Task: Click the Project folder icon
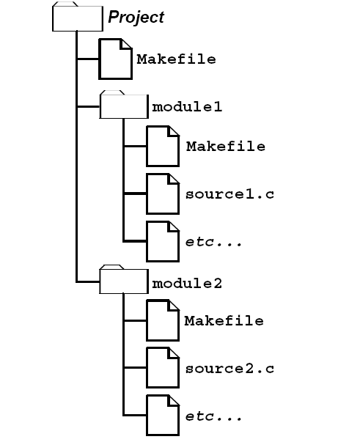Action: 78,17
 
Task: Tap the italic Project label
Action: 136,18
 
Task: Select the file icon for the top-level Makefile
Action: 115,59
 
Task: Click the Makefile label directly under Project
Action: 176,59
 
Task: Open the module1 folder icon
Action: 124,105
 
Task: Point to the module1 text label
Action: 187,107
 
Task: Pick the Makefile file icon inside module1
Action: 163,147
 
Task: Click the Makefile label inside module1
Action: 226,147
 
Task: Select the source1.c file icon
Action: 163,194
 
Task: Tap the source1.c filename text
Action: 229,194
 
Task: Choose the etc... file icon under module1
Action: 163,242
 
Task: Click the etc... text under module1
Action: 213,242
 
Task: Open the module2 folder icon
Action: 124,279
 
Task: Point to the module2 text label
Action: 187,283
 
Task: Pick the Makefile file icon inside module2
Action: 163,320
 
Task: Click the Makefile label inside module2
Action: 224,321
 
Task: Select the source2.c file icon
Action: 163,368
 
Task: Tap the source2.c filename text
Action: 229,369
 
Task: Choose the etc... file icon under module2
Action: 163,416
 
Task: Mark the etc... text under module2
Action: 213,416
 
